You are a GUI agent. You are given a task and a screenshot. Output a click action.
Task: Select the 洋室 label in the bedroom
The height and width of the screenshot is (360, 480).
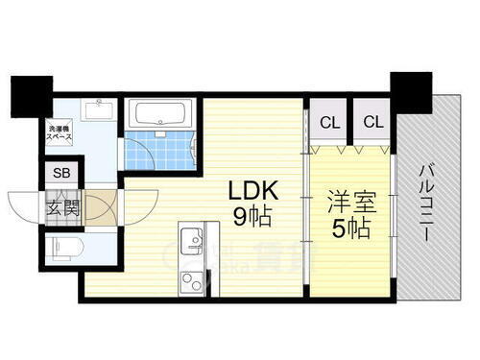(x=351, y=204)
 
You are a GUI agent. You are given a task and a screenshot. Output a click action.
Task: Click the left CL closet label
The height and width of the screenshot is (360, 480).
(x=328, y=122)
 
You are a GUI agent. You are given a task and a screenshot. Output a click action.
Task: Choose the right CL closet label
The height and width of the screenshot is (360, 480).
(x=373, y=122)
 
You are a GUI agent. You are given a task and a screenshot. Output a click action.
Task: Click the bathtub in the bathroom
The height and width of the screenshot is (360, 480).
(x=160, y=116)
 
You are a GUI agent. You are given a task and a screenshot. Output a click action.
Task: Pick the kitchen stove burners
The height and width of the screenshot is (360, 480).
(x=192, y=280)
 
